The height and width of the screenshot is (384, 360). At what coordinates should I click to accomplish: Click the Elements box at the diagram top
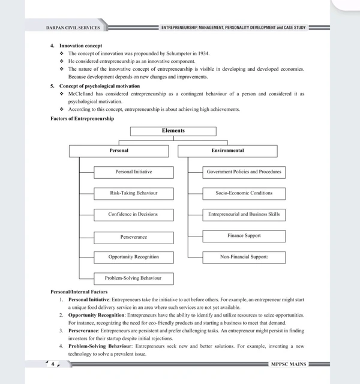(x=173, y=131)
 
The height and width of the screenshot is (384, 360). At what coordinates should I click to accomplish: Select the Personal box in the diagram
(x=119, y=151)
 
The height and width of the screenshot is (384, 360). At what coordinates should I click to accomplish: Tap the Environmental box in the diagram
(x=227, y=151)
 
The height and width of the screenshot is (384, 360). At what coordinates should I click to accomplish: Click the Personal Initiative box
(x=133, y=172)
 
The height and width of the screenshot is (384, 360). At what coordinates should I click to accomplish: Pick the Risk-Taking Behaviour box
(x=133, y=193)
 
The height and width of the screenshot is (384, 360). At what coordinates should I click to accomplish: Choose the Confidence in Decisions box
(x=133, y=215)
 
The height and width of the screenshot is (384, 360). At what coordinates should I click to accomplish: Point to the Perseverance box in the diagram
(x=133, y=237)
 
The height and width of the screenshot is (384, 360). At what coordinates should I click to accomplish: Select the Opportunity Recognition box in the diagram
(x=133, y=257)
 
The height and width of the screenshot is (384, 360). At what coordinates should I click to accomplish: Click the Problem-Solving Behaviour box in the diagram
(x=133, y=278)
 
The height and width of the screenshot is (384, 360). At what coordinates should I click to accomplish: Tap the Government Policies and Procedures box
(x=244, y=172)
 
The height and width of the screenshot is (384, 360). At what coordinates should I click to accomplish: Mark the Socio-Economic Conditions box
(x=244, y=193)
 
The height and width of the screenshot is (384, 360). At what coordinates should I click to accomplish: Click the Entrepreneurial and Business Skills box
(x=244, y=214)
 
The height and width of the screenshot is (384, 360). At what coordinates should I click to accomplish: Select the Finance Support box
(x=244, y=236)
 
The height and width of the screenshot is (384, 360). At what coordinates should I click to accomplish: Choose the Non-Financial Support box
(x=244, y=257)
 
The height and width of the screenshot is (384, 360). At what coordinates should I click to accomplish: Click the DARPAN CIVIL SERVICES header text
(x=73, y=28)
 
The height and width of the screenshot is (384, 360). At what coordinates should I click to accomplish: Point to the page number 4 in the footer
(x=53, y=364)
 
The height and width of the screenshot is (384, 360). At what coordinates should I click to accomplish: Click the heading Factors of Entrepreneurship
(x=82, y=119)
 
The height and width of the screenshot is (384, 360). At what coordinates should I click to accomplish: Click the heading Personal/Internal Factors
(x=79, y=292)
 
